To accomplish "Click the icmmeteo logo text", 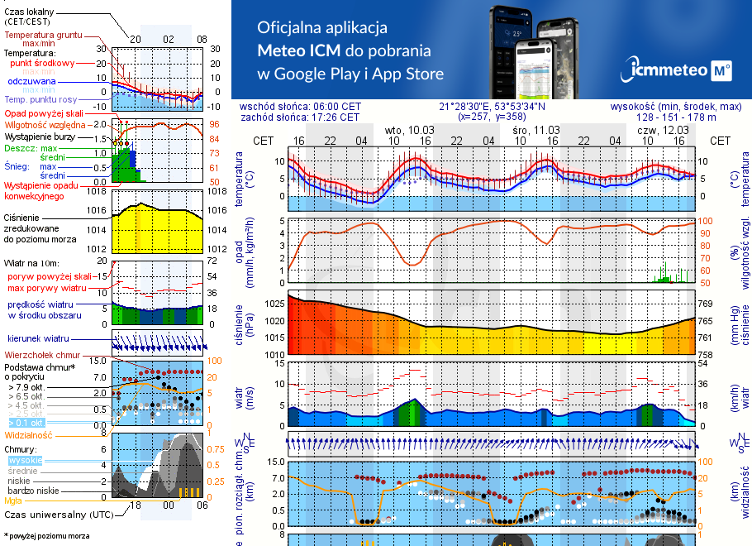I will [x=669, y=70].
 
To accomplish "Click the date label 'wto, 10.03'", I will [x=410, y=130].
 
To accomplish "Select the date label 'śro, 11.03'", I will [x=535, y=130].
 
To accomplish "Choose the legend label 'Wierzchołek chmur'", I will [x=38, y=355].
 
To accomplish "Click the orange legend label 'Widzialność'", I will [x=28, y=434].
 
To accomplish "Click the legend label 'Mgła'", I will [x=12, y=500].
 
